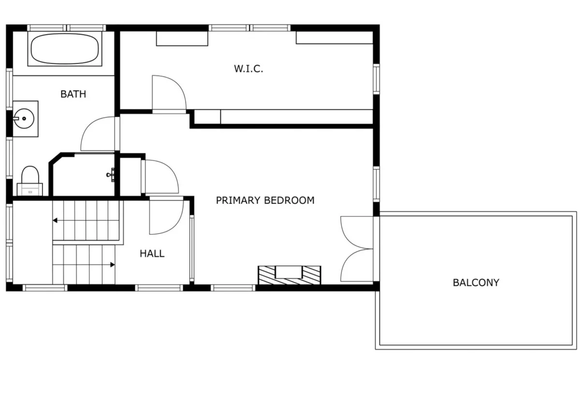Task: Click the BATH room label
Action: pos(73,94)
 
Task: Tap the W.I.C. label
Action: pos(248,69)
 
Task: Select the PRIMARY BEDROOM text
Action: pos(265,200)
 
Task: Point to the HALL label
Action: pos(152,254)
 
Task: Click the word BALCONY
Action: pos(476,283)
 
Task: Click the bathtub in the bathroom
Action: pos(65,49)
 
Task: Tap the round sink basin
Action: pos(24,119)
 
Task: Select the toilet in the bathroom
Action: pos(30,181)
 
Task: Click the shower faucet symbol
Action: pos(111,175)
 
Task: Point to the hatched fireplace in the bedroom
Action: pos(290,275)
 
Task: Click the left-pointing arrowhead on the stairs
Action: pos(55,220)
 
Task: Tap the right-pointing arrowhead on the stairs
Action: pos(113,265)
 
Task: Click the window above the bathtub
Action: pos(67,28)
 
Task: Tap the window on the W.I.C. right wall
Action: pos(377,79)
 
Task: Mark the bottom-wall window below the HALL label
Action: pos(159,288)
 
